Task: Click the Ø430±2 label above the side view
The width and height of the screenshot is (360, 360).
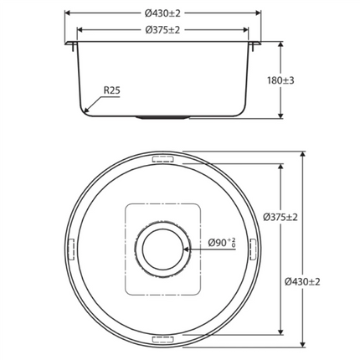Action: click(162, 13)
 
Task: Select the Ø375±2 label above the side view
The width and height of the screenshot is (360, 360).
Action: click(162, 30)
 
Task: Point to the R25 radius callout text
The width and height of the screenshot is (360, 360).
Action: click(113, 90)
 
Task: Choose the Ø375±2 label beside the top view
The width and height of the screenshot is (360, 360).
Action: click(280, 217)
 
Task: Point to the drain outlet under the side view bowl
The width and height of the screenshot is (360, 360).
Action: click(162, 118)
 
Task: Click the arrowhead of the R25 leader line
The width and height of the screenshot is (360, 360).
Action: click(87, 110)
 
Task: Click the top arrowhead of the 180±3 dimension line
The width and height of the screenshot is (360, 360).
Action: click(280, 44)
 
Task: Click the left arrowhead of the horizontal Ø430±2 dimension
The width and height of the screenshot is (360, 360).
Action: click(67, 13)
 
